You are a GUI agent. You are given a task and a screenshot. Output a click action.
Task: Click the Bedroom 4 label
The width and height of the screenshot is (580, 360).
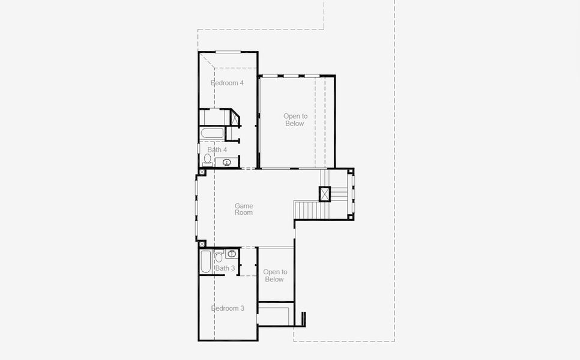pyautogui.click(x=227, y=83)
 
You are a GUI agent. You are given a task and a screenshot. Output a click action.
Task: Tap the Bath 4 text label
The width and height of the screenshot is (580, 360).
pyautogui.click(x=217, y=149)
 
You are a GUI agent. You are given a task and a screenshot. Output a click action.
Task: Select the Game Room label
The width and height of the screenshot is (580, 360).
pyautogui.click(x=244, y=209)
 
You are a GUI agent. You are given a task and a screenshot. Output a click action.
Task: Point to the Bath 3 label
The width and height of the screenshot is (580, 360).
pyautogui.click(x=225, y=268)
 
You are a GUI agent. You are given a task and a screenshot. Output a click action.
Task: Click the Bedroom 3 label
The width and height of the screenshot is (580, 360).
pyautogui.click(x=228, y=308)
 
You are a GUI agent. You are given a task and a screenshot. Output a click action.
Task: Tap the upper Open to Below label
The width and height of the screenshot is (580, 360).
pyautogui.click(x=295, y=120)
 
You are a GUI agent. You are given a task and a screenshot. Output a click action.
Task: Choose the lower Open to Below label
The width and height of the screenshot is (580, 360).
pyautogui.click(x=274, y=275)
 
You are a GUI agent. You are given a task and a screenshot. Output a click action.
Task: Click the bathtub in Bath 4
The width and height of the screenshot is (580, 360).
pyautogui.click(x=212, y=133)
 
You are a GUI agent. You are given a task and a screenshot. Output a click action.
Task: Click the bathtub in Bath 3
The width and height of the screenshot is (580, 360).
pyautogui.click(x=205, y=262)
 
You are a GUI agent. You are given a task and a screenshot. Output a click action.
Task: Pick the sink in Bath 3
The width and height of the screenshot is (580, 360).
pyautogui.click(x=232, y=254)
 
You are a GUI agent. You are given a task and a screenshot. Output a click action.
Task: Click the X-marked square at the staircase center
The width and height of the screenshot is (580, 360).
pyautogui.click(x=325, y=194)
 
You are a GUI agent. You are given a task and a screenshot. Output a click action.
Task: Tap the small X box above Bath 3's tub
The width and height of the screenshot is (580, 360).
pyautogui.click(x=202, y=244)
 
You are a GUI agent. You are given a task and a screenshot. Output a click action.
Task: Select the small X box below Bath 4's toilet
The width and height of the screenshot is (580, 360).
pyautogui.click(x=202, y=172)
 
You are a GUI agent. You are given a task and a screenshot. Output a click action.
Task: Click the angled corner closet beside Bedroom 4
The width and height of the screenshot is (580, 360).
pyautogui.click(x=234, y=118)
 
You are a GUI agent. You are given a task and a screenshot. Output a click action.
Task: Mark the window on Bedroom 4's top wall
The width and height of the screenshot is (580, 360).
pyautogui.click(x=228, y=52)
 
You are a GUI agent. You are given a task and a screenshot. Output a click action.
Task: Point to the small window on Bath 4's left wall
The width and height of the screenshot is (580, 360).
pyautogui.click(x=199, y=148)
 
